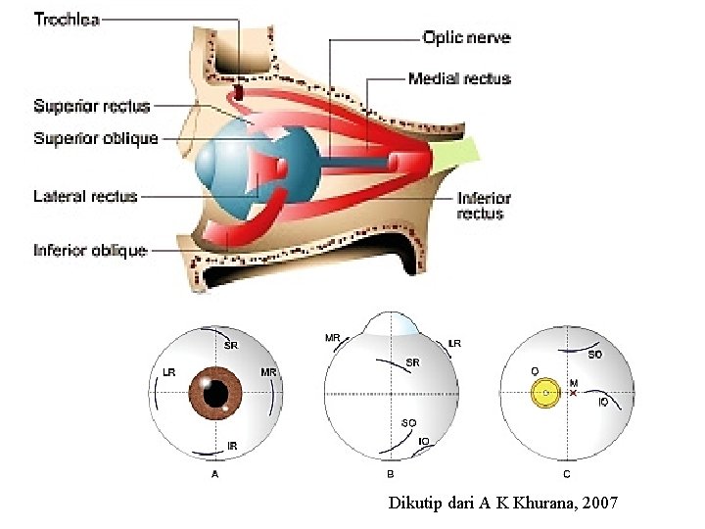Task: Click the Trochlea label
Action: pyautogui.click(x=66, y=19)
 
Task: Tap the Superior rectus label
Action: pyautogui.click(x=91, y=106)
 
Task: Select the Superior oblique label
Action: pyautogui.click(x=95, y=138)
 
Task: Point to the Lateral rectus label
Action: pyautogui.click(x=85, y=197)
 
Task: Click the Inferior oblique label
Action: pyautogui.click(x=90, y=251)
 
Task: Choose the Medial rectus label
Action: pyautogui.click(x=459, y=78)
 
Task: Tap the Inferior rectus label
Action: pyautogui.click(x=484, y=206)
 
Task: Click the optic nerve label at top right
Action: pyautogui.click(x=466, y=38)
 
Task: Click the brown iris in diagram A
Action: pyautogui.click(x=214, y=392)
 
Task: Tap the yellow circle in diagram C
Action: pyautogui.click(x=544, y=393)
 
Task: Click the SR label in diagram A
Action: pyautogui.click(x=231, y=345)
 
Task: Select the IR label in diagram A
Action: pyautogui.click(x=232, y=446)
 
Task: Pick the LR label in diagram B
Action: pyautogui.click(x=453, y=344)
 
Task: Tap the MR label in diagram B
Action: pyautogui.click(x=332, y=338)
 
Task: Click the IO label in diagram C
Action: pyautogui.click(x=603, y=402)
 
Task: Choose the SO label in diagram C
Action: pyautogui.click(x=594, y=354)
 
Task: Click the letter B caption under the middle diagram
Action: pyautogui.click(x=390, y=474)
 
